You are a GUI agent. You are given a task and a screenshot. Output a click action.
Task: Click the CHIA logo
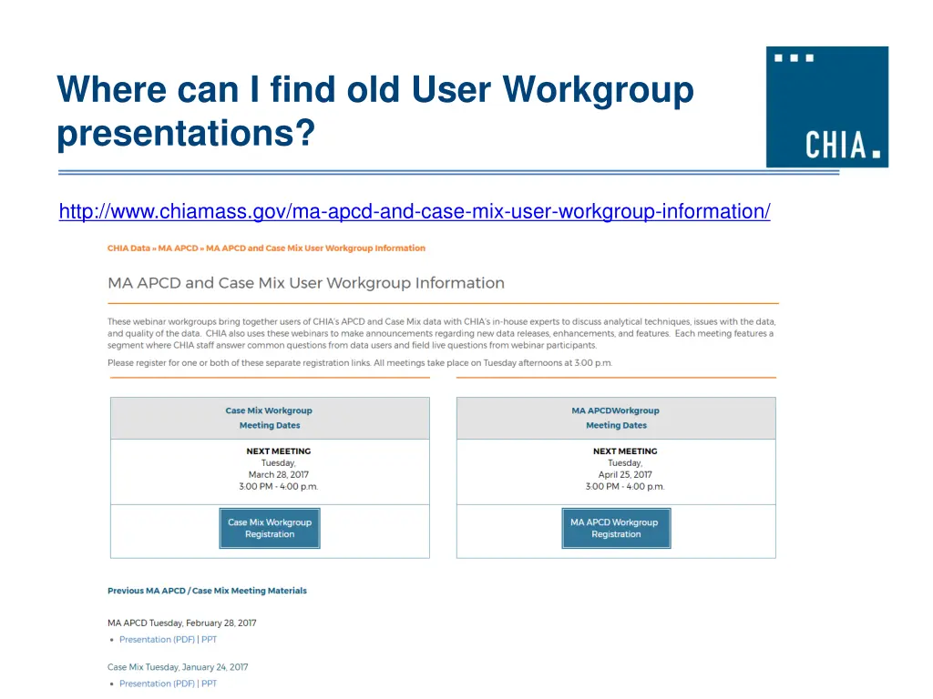826,106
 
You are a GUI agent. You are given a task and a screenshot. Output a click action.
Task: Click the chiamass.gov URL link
415,211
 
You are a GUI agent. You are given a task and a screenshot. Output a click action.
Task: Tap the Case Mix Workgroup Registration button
270,528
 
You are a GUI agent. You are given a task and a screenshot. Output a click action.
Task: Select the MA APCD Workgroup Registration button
616,528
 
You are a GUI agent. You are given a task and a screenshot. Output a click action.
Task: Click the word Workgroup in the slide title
598,90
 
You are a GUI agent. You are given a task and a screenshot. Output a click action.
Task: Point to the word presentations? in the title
185,134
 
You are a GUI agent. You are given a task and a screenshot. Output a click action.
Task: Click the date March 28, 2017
279,474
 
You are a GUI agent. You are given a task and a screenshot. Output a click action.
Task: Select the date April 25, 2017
625,474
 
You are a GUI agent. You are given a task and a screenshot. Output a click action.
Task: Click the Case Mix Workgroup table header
269,410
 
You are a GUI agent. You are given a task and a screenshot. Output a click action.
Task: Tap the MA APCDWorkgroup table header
616,410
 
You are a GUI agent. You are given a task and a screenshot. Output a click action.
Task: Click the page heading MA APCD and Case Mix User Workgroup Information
306,283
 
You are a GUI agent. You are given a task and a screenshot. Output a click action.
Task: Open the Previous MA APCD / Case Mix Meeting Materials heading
207,591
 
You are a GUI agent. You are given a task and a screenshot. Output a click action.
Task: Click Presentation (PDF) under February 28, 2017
157,640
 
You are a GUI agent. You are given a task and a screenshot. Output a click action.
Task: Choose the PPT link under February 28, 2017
209,640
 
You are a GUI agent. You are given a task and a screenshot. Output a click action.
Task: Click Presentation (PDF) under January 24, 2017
157,684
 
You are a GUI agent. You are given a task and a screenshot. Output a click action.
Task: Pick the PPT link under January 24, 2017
209,684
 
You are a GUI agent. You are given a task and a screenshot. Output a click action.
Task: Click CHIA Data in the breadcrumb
128,248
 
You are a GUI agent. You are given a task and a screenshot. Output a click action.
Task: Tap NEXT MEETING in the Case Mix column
278,451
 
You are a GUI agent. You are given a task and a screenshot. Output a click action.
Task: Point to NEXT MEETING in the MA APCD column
625,451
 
